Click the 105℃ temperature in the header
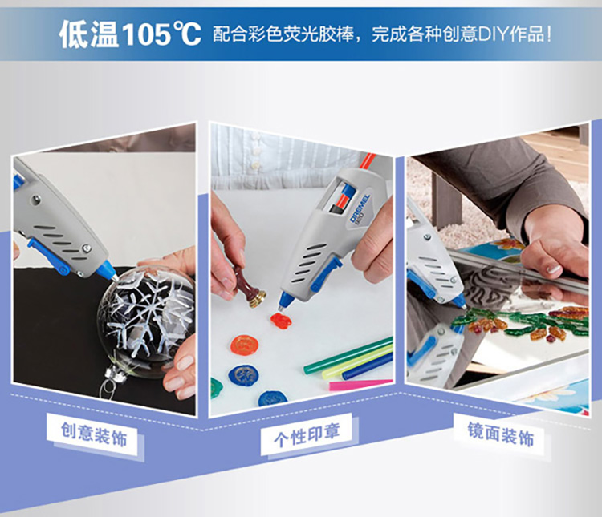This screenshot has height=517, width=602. (x=161, y=34)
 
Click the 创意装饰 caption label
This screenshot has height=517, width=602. (x=94, y=434)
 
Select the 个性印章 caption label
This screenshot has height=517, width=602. (x=307, y=435)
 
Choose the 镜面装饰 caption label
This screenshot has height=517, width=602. (x=501, y=434)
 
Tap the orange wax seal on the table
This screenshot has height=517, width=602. (x=244, y=345)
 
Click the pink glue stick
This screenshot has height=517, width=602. (x=360, y=384)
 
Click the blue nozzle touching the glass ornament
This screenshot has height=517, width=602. (x=108, y=270)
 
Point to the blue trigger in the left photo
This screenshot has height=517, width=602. (x=49, y=256)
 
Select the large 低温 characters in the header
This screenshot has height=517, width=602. (x=89, y=34)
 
